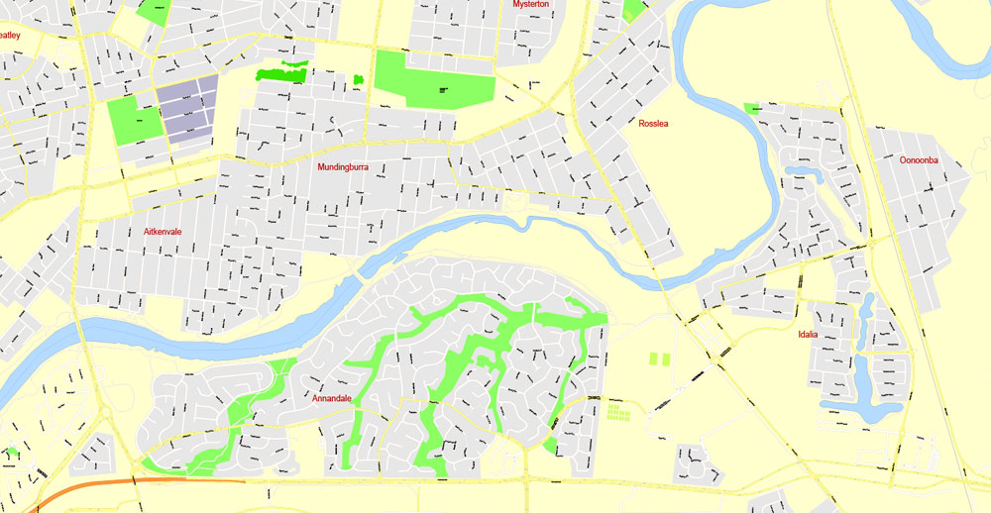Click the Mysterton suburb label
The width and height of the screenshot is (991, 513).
(531, 4)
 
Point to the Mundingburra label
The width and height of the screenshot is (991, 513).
(343, 167)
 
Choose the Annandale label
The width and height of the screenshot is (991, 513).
(332, 399)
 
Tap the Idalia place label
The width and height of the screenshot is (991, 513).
(808, 335)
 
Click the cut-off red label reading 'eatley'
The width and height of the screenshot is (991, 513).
(10, 36)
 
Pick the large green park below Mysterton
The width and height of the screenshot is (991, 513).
(433, 77)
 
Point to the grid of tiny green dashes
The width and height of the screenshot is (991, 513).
(617, 410)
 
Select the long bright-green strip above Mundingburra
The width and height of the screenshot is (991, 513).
(281, 72)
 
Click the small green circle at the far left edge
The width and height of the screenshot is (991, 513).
(12, 453)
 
